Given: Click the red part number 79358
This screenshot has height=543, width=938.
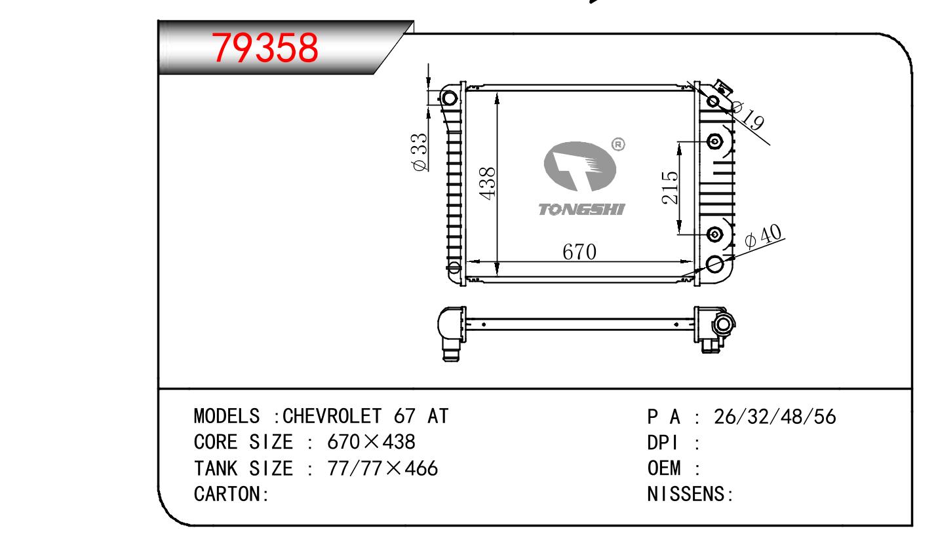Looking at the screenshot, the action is [265, 48].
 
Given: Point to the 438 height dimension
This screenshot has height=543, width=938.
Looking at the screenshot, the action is [488, 183].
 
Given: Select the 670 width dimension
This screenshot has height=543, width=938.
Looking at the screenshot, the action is [579, 252].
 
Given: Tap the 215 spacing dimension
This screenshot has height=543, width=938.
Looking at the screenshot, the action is [670, 187].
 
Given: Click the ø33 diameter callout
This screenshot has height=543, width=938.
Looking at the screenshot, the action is [420, 152].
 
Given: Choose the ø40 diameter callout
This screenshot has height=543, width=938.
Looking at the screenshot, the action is [763, 236].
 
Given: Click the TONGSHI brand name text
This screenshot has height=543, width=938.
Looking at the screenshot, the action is [581, 209].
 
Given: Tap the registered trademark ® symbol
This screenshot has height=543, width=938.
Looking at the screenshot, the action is [618, 144].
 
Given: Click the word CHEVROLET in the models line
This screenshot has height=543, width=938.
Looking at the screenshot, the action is [332, 416].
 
